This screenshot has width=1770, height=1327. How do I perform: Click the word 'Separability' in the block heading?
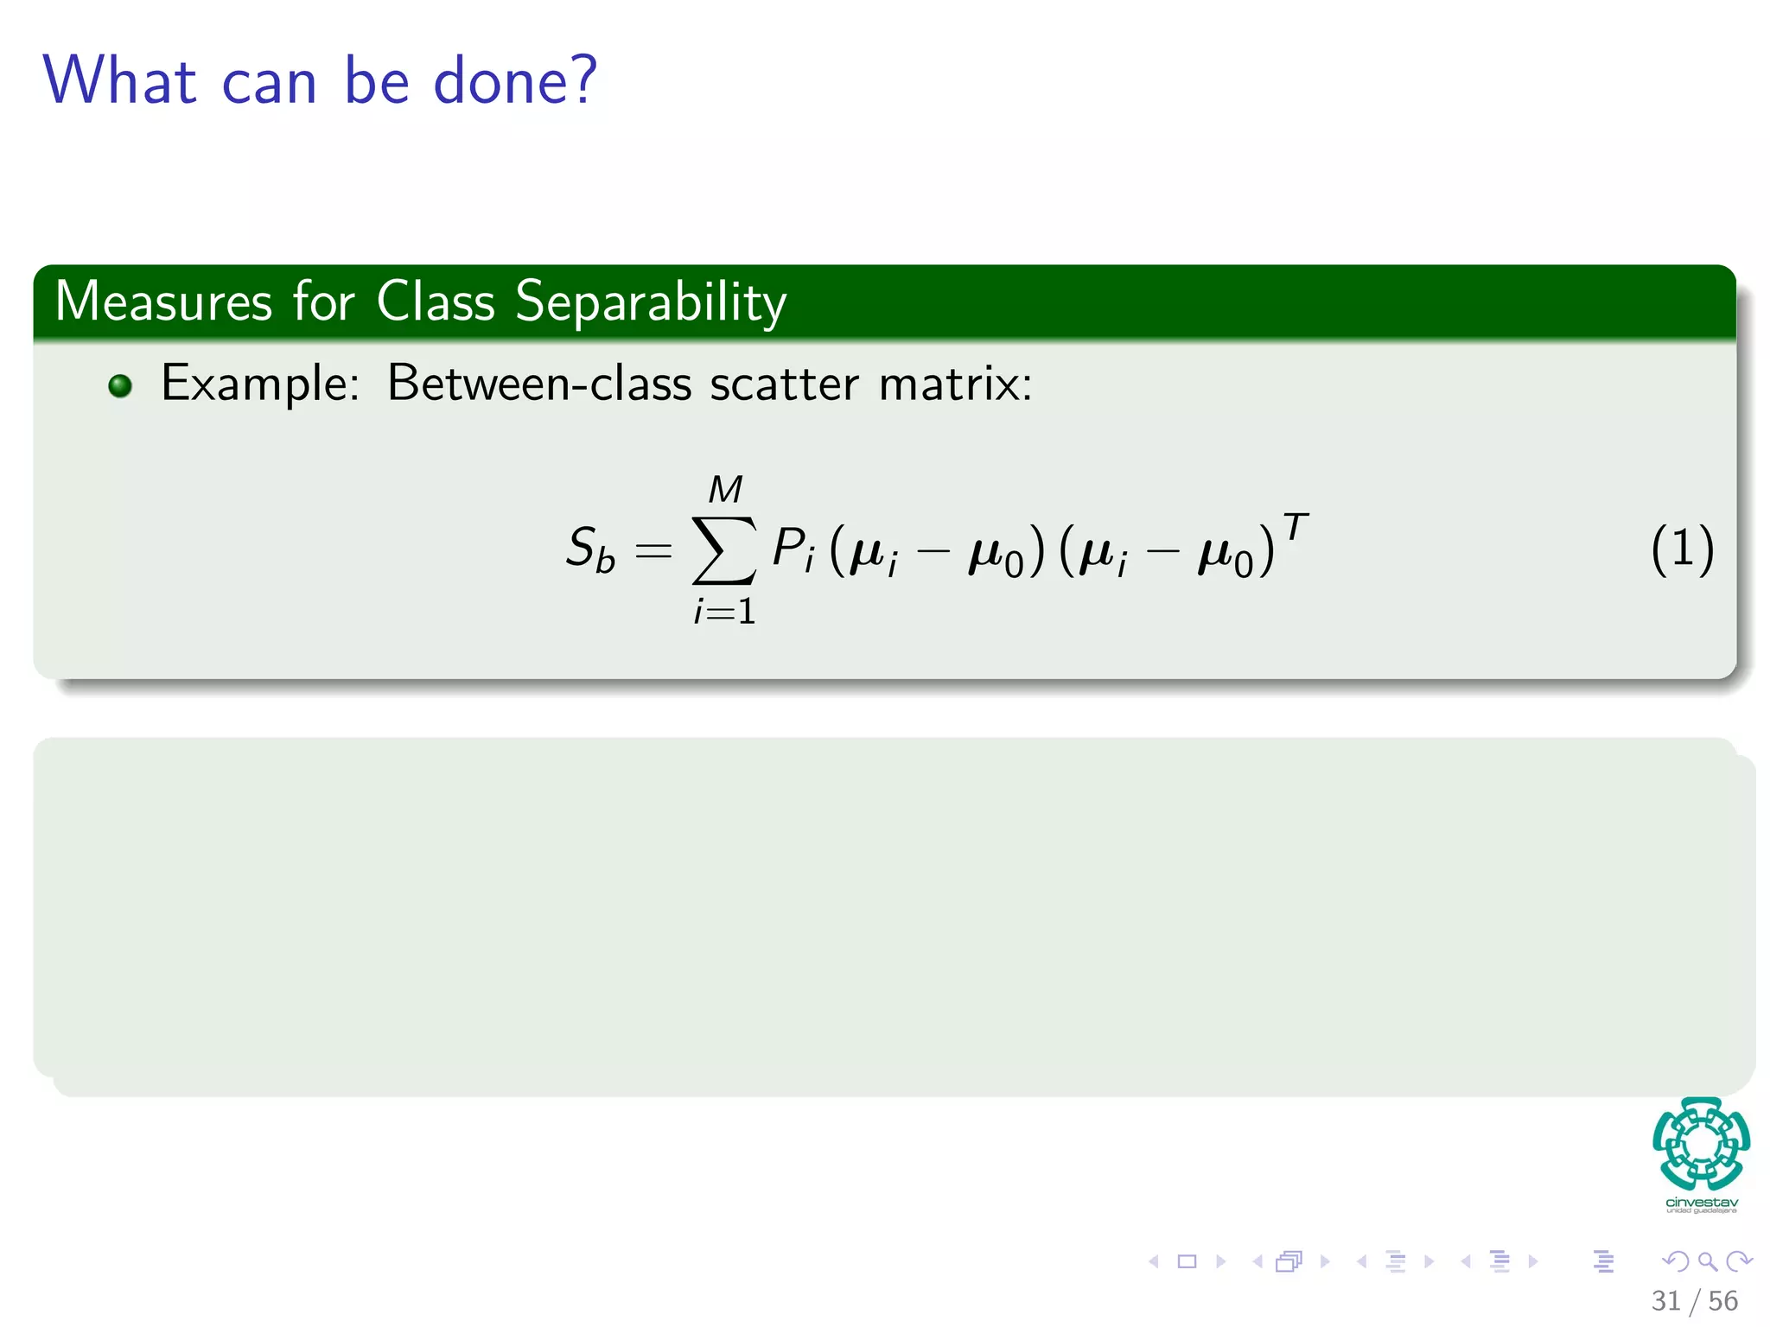coord(651,303)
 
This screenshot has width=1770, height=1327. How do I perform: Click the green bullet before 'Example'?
coord(120,385)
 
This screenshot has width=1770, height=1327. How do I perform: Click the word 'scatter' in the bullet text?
coord(784,383)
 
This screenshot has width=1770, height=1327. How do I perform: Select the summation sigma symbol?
coord(724,549)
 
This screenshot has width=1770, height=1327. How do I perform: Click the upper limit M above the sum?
coord(725,490)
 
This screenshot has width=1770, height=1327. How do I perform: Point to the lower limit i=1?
coord(724,612)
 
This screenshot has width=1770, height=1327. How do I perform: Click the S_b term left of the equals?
coord(590,549)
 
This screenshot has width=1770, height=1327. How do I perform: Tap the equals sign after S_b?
coord(653,550)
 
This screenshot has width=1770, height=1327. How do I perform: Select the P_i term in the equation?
coord(793,549)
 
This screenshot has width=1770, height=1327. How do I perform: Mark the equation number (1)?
coord(1682,549)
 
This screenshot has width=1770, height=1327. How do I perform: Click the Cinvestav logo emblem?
coord(1701,1144)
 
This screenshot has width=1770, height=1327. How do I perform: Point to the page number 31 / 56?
coord(1694,1300)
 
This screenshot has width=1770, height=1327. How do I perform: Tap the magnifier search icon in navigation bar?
coord(1707,1261)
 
